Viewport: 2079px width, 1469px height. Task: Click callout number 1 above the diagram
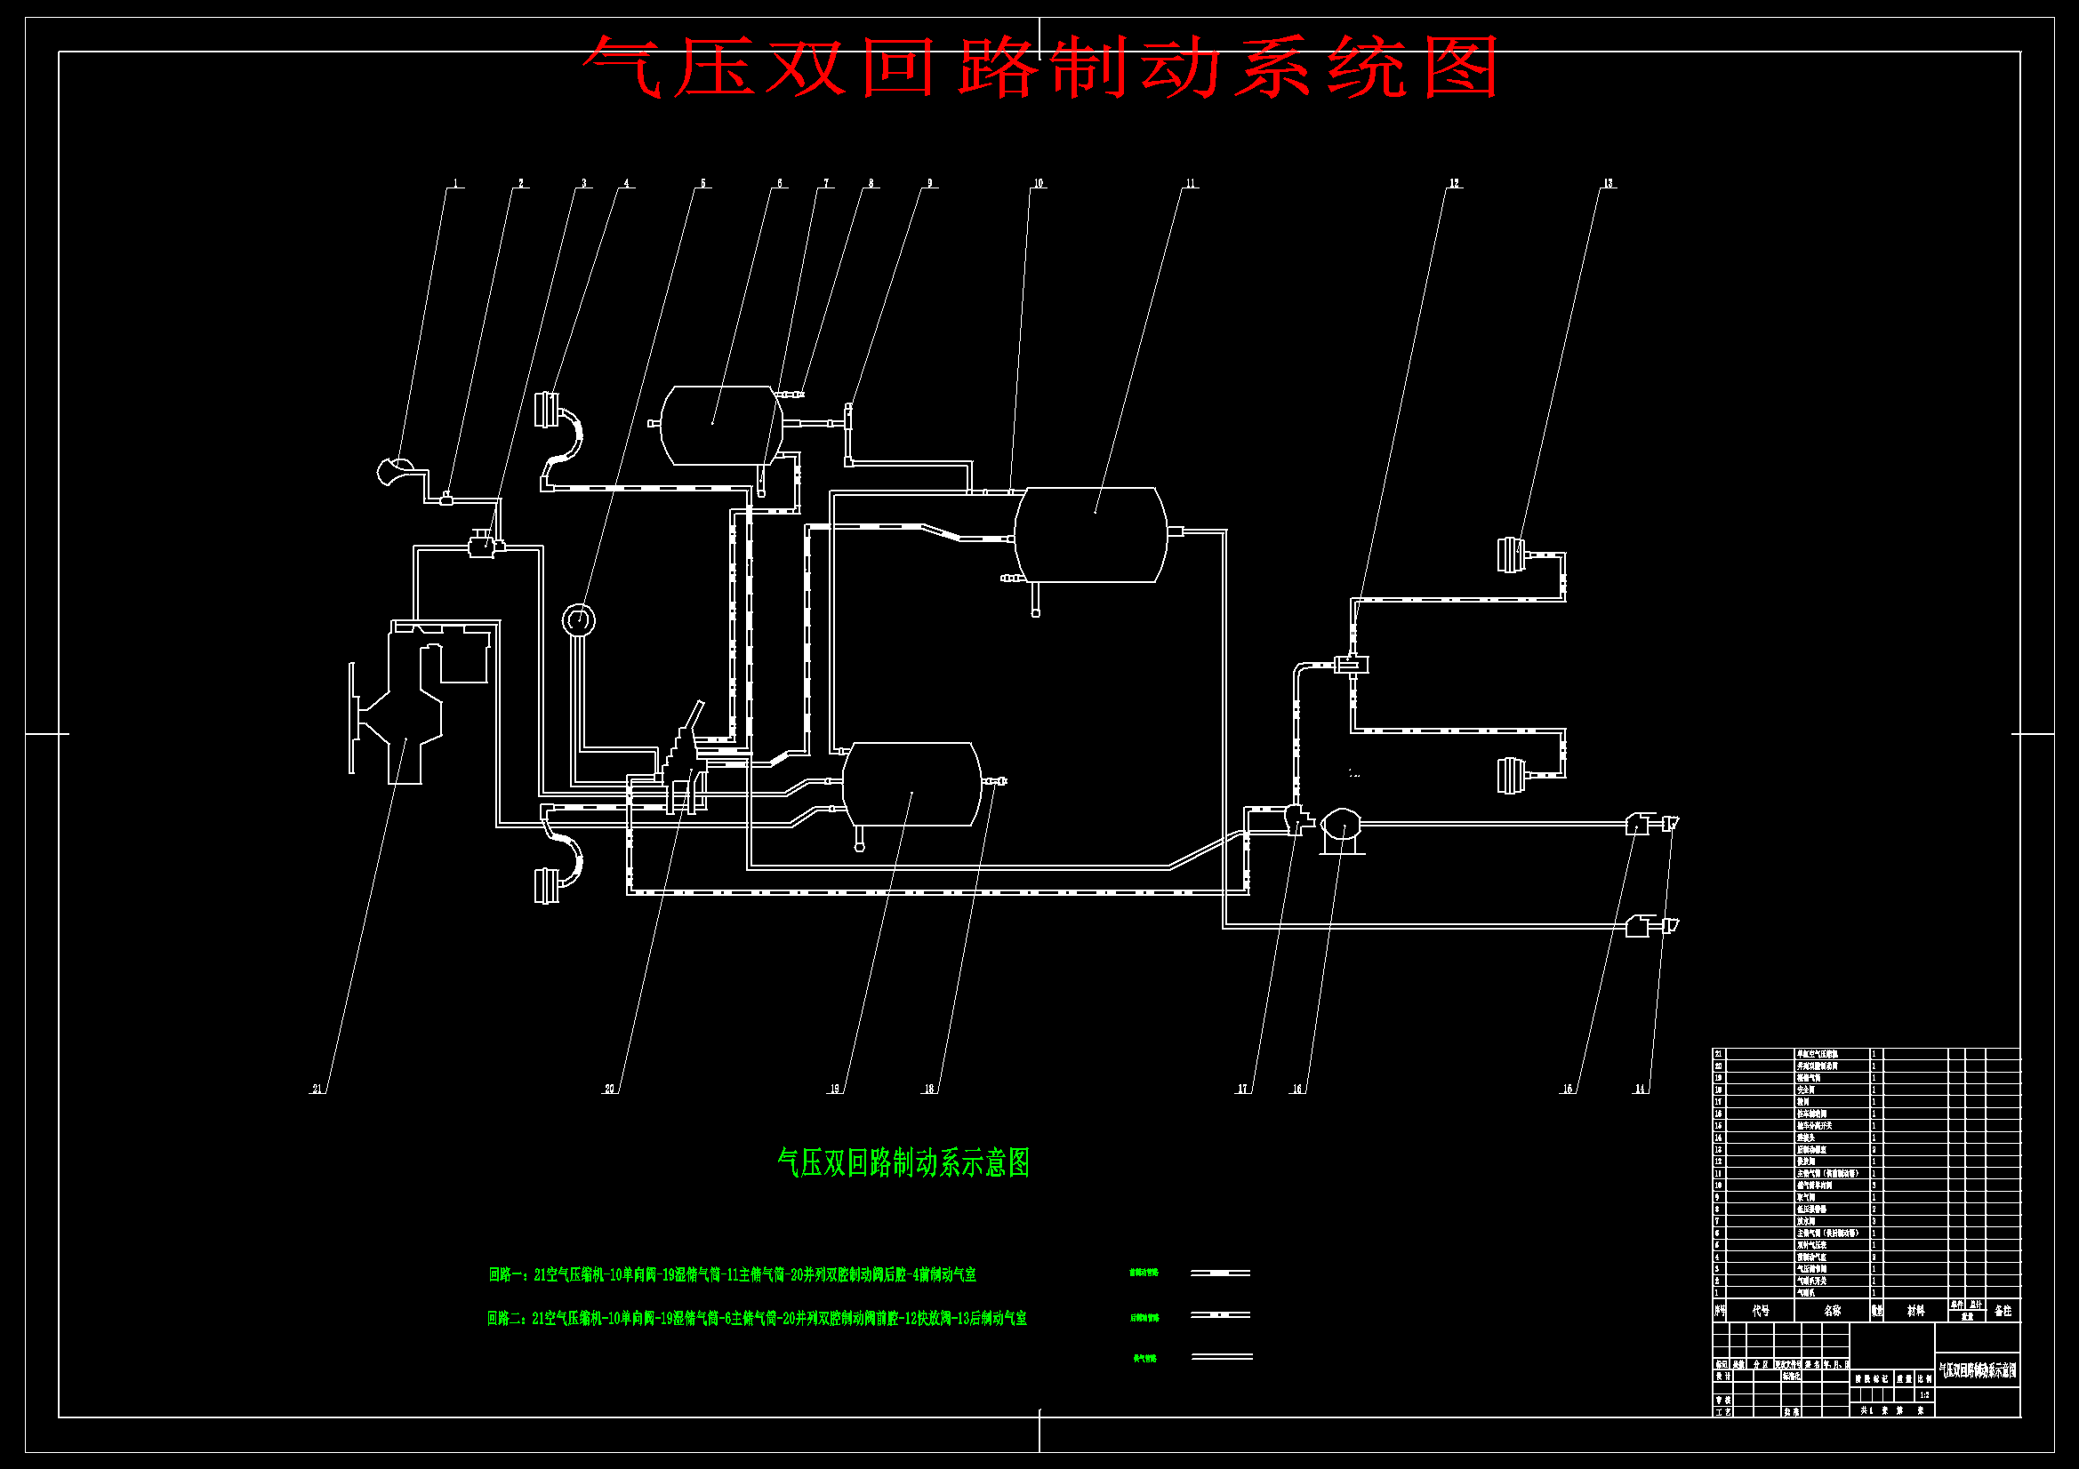(455, 184)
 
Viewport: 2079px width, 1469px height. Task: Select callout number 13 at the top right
(1608, 184)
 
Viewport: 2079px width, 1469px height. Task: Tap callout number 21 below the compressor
(317, 1089)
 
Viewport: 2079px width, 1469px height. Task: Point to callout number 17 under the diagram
(1242, 1089)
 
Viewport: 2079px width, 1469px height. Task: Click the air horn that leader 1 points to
(395, 471)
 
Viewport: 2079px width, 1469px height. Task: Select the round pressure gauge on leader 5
(579, 620)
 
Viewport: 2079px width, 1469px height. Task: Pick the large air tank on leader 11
(1090, 534)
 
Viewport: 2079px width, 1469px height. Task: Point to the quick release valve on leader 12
(1352, 666)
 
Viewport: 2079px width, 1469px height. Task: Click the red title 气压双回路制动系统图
(1039, 68)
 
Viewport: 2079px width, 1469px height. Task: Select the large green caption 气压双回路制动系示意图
(903, 1163)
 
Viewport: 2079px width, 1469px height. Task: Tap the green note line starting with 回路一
(732, 1275)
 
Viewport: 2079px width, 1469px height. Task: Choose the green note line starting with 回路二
(757, 1319)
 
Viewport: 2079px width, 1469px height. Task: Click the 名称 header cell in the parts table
(1832, 1311)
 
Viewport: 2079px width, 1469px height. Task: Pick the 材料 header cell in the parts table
(1916, 1311)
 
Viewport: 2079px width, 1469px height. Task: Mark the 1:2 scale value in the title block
(1924, 1394)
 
